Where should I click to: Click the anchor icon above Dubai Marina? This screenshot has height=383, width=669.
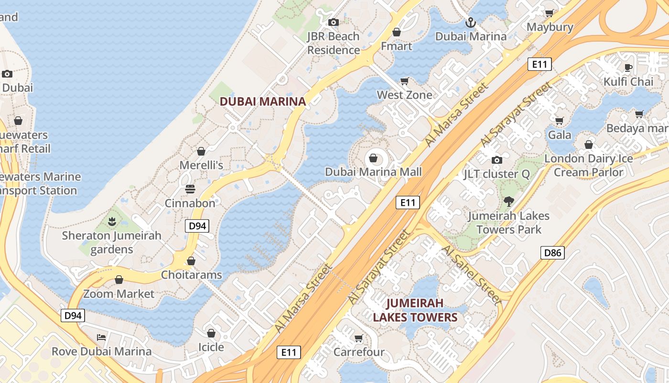tap(471, 23)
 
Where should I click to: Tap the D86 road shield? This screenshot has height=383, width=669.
tap(552, 253)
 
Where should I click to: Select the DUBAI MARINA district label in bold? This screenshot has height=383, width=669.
tap(262, 101)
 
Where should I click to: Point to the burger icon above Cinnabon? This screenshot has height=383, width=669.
tap(190, 189)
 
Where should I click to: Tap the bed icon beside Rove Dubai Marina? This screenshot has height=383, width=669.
tap(101, 337)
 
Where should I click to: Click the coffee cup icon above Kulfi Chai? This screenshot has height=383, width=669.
tap(628, 68)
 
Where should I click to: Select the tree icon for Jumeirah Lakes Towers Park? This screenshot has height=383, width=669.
tap(508, 202)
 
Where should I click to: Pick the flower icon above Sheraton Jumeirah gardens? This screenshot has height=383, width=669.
tap(112, 221)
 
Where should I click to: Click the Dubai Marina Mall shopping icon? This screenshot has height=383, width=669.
tap(373, 158)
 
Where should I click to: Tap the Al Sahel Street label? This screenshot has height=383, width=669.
tap(471, 275)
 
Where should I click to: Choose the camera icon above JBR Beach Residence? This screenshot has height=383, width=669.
tap(333, 22)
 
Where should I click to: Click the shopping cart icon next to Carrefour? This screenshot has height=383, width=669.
tap(359, 338)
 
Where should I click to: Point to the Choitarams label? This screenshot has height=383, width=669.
tap(191, 275)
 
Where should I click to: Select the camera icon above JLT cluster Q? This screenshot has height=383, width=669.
tap(497, 160)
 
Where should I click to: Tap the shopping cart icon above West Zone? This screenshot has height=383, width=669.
tap(405, 81)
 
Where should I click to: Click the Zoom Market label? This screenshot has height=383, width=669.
tap(119, 293)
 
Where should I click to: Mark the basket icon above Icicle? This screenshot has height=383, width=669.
tap(211, 333)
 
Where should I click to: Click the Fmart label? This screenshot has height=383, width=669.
tap(396, 46)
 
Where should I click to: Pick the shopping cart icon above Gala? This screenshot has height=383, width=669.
tap(559, 120)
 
